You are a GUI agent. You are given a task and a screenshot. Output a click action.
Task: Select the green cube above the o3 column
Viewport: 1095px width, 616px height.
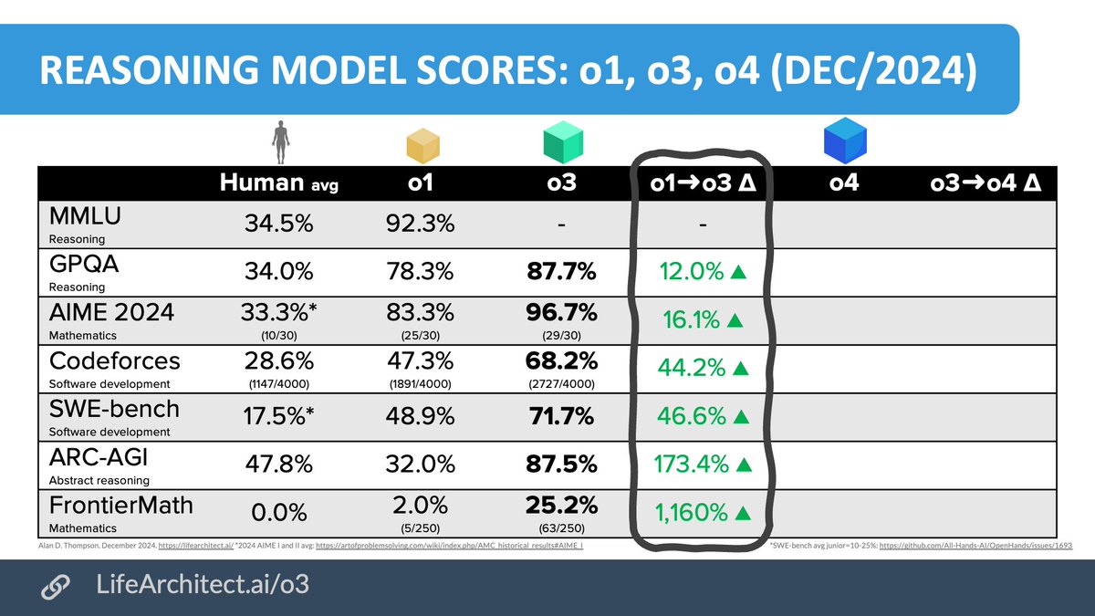point(563,143)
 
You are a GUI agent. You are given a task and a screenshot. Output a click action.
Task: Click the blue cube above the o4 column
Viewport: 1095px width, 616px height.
point(844,142)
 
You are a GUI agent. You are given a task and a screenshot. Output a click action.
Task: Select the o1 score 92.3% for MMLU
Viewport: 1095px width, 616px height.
point(419,224)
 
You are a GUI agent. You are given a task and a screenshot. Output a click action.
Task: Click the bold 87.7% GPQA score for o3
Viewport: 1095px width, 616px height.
point(559,272)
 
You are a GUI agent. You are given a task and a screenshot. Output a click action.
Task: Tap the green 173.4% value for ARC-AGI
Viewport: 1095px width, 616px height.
point(691,465)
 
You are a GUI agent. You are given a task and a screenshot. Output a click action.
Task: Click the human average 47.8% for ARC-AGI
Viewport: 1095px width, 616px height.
point(279,465)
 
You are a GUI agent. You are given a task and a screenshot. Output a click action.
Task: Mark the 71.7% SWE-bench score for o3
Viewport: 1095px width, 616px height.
point(559,417)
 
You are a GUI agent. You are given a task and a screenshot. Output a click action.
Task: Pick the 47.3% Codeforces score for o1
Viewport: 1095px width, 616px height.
point(419,361)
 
